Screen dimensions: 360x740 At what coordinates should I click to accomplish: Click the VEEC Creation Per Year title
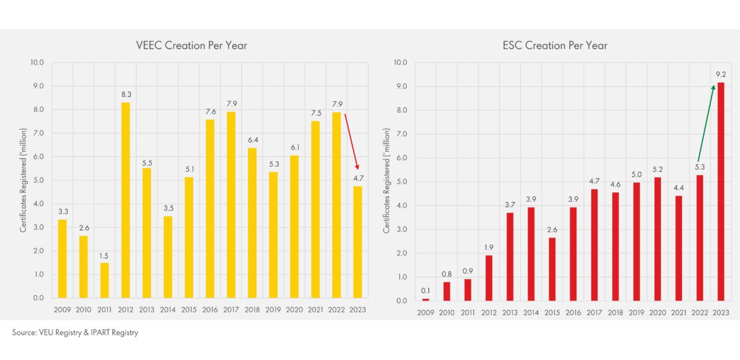[x=191, y=46]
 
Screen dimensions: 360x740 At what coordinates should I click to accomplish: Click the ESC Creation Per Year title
[x=555, y=46]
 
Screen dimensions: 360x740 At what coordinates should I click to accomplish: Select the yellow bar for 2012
[x=125, y=200]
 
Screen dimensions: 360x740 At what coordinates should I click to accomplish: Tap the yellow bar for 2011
[x=104, y=280]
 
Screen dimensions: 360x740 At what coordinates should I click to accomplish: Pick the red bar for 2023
[x=720, y=191]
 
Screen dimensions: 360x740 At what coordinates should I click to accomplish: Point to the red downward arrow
[x=351, y=142]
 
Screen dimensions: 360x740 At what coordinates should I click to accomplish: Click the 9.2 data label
[x=720, y=75]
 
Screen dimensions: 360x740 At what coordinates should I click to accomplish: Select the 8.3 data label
[x=125, y=94]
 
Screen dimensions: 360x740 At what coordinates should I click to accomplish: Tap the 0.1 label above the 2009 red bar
[x=425, y=291]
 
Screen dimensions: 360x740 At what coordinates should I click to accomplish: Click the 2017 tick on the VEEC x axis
[x=230, y=310]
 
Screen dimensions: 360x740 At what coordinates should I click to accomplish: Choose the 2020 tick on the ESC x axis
[x=657, y=313]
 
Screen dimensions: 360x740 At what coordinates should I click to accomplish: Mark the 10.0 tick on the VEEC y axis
[x=36, y=62]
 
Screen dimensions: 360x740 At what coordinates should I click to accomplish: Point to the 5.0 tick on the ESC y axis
[x=401, y=182]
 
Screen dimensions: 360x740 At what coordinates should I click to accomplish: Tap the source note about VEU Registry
[x=75, y=333]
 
